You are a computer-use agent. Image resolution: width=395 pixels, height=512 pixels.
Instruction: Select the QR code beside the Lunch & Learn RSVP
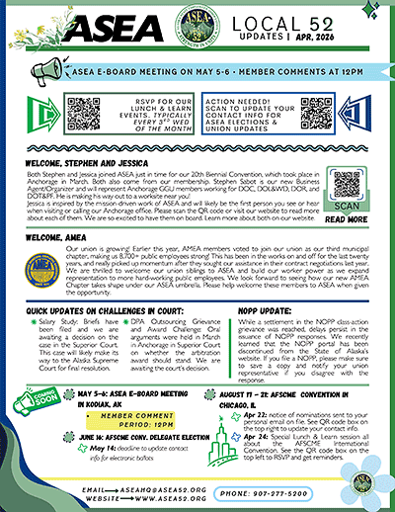[x=83, y=115]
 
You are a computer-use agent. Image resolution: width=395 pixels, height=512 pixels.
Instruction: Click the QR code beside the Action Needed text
[x=315, y=115]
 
